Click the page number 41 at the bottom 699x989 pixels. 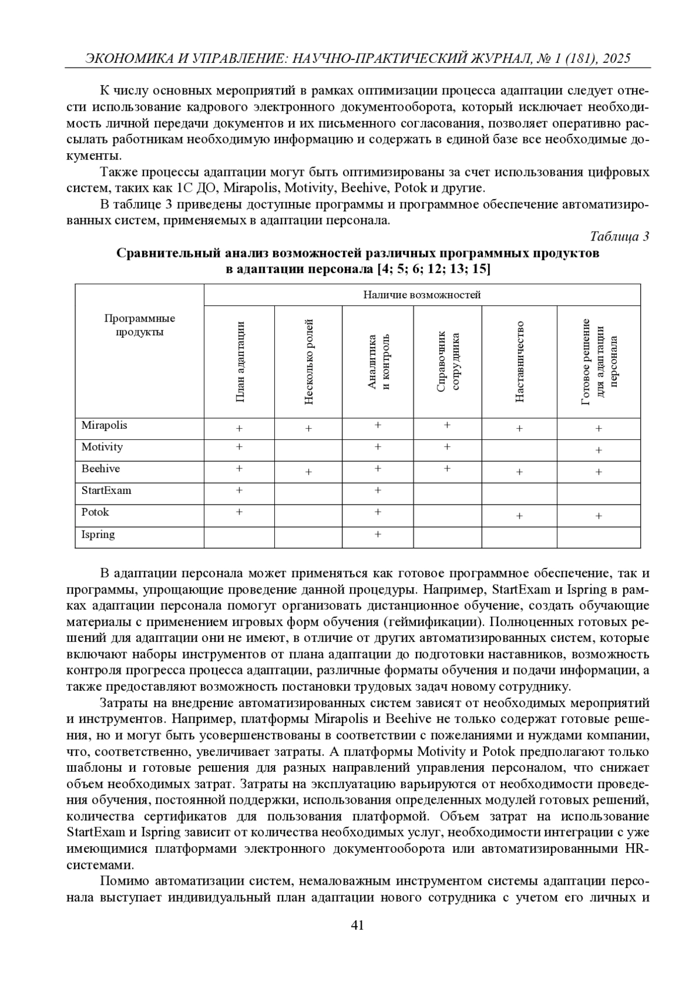click(x=358, y=925)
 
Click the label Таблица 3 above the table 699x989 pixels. click(x=619, y=236)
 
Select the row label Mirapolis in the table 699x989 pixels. click(x=104, y=425)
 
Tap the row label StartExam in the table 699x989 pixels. click(x=107, y=490)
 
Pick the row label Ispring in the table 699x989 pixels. click(x=98, y=535)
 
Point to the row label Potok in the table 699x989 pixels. click(x=95, y=513)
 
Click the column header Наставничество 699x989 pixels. click(x=520, y=361)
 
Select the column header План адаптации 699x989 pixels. click(x=239, y=361)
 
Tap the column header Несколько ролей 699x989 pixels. click(x=309, y=361)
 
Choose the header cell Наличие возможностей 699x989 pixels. click(x=422, y=295)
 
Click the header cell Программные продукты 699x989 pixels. click(x=139, y=326)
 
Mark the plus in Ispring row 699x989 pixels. click(x=378, y=534)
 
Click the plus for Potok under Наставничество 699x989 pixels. click(x=520, y=516)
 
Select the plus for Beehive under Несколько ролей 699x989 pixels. click(x=309, y=472)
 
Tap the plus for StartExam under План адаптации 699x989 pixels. click(x=239, y=490)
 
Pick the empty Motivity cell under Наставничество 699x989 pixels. click(x=520, y=450)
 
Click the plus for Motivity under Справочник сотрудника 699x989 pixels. click(x=447, y=447)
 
